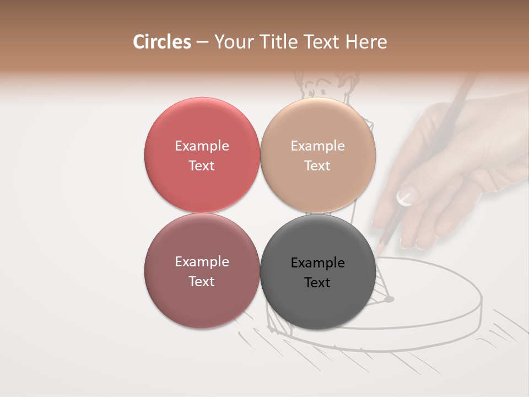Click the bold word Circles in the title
click(x=161, y=42)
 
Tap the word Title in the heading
click(x=279, y=42)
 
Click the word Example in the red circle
click(x=202, y=146)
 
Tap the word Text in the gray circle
click(x=317, y=282)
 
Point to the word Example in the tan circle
click(x=318, y=146)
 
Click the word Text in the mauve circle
click(x=202, y=281)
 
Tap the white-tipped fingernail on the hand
click(x=406, y=197)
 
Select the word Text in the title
click(x=322, y=42)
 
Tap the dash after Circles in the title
click(x=202, y=42)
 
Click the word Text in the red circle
click(x=202, y=165)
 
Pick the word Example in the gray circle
click(x=318, y=263)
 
